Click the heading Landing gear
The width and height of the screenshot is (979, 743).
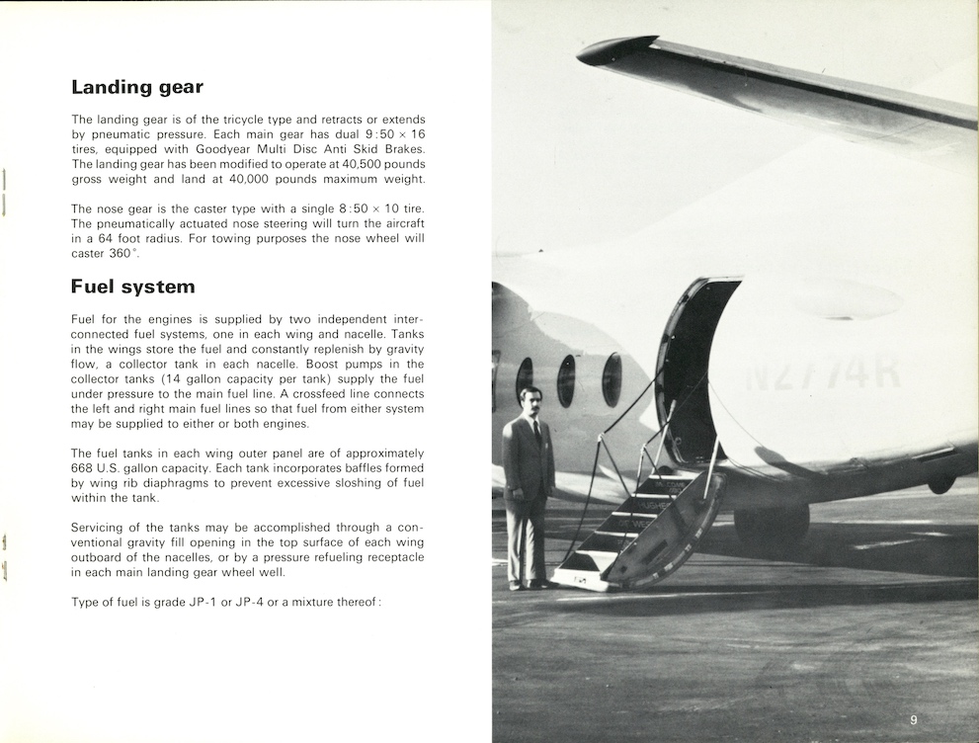coord(137,87)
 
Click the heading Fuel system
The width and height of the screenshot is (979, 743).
coord(132,288)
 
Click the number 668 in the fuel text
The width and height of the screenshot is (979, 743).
coord(85,467)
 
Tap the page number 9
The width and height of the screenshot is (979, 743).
coord(914,719)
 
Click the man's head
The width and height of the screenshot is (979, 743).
coord(530,401)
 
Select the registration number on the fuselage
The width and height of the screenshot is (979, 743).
coord(823,374)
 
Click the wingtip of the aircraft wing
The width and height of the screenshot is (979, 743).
coord(616,50)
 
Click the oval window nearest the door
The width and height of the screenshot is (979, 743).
coord(612,379)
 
